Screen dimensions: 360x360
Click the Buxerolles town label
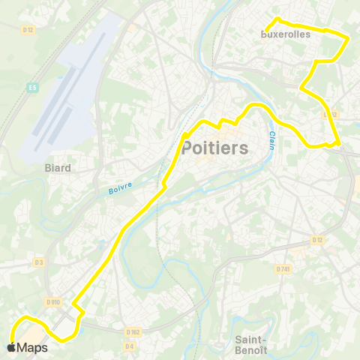[x=285, y=34]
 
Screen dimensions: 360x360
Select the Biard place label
[x=58, y=168]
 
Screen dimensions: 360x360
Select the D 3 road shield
[x=39, y=262]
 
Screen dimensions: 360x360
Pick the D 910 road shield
[x=52, y=301]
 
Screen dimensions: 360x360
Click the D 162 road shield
[x=133, y=331]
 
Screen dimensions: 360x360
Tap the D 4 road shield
[x=129, y=346]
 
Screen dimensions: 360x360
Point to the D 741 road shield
[x=282, y=268]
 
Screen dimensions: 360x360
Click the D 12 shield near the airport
[x=28, y=28]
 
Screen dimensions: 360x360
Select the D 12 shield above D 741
[x=316, y=240]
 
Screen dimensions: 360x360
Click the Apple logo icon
[x=10, y=347]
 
